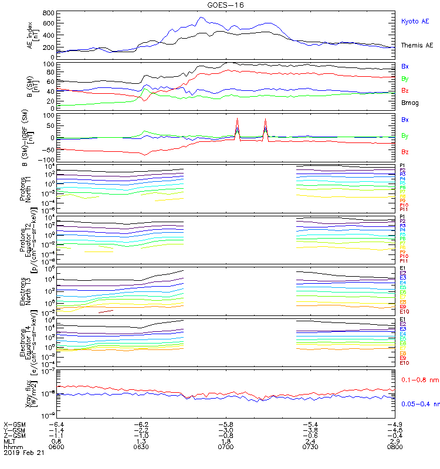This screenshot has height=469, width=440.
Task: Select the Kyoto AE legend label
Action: pos(414,21)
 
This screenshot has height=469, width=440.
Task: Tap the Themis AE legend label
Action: pos(416,45)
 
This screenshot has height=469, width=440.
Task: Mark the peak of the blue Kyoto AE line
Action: pos(201,18)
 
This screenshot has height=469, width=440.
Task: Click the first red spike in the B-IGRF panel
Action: pos(237,119)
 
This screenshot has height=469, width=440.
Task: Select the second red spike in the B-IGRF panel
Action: pos(265,119)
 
